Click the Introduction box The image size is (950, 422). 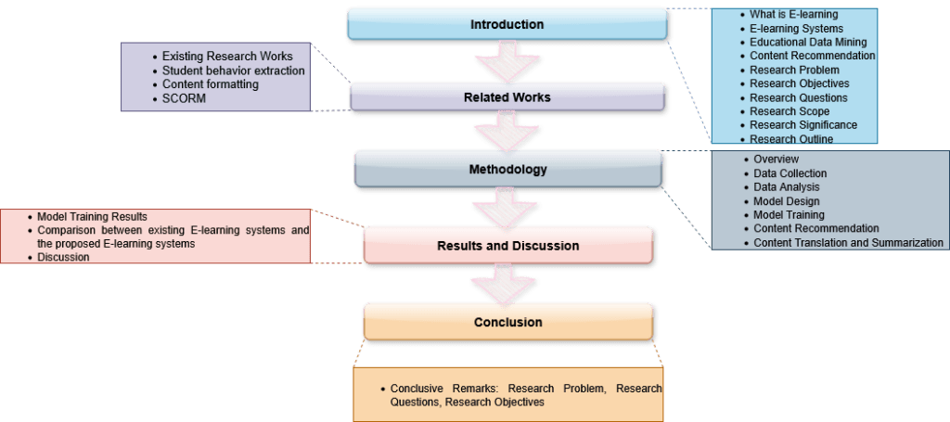pyautogui.click(x=507, y=23)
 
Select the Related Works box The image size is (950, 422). pyautogui.click(x=507, y=96)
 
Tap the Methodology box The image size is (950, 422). pyautogui.click(x=507, y=170)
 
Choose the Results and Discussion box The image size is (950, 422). pyautogui.click(x=507, y=246)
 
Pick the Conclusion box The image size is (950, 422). pyautogui.click(x=507, y=322)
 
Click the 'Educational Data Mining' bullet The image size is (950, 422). pyautogui.click(x=808, y=42)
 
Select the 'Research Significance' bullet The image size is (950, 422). pyautogui.click(x=803, y=125)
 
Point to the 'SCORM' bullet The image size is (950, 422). pyautogui.click(x=184, y=99)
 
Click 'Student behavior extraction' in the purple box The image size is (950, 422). pyautogui.click(x=233, y=70)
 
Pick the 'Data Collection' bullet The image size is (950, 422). pyautogui.click(x=790, y=173)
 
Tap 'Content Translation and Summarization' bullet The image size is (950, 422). pyautogui.click(x=848, y=242)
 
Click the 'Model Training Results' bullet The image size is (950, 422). pyautogui.click(x=92, y=216)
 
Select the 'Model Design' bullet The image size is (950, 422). pyautogui.click(x=785, y=200)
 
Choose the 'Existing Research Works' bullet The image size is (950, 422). pyautogui.click(x=227, y=57)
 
